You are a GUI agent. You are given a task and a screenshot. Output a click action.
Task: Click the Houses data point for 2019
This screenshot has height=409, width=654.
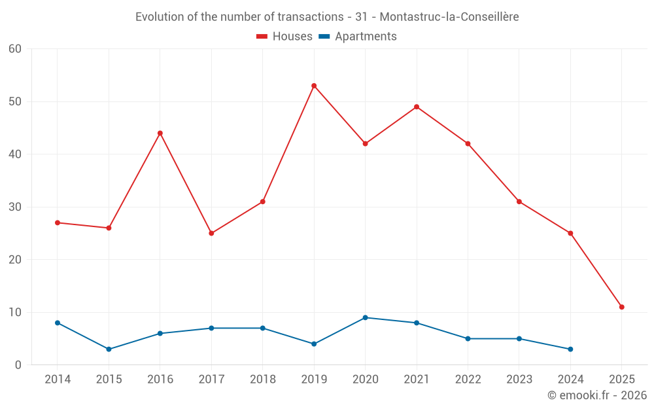314,86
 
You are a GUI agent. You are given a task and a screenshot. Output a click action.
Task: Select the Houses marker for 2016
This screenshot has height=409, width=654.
160,133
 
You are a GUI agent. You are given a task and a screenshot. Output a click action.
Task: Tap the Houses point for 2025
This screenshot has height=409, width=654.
621,307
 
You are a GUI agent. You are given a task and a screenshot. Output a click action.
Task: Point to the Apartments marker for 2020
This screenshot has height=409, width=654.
365,317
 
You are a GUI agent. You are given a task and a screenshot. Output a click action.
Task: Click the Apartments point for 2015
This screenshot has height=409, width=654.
109,349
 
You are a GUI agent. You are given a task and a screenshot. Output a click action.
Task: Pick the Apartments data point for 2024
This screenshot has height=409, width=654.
570,349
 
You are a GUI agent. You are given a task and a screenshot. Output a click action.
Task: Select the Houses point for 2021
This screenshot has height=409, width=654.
417,107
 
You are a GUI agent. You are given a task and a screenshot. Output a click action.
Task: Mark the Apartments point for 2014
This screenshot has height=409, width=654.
58,323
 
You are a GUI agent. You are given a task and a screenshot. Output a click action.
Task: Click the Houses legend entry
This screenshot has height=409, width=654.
284,37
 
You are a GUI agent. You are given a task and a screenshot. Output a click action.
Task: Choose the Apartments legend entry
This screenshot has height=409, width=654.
358,37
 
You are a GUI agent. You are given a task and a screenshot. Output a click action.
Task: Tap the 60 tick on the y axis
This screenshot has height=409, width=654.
16,49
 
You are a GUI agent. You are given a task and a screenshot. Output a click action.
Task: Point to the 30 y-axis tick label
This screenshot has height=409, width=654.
16,207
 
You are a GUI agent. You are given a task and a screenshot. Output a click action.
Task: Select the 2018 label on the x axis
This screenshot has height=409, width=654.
262,380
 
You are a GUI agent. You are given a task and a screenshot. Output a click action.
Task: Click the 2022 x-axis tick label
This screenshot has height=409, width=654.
468,380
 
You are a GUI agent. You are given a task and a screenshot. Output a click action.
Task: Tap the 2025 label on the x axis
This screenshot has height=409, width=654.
621,380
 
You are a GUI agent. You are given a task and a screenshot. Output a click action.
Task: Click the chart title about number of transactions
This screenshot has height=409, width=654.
327,17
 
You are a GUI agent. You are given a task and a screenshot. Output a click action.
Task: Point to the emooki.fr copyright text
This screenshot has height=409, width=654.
596,395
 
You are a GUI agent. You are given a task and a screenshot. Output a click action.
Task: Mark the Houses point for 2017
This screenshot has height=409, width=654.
211,233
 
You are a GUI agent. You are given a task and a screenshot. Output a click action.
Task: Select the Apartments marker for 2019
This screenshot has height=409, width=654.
314,344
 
